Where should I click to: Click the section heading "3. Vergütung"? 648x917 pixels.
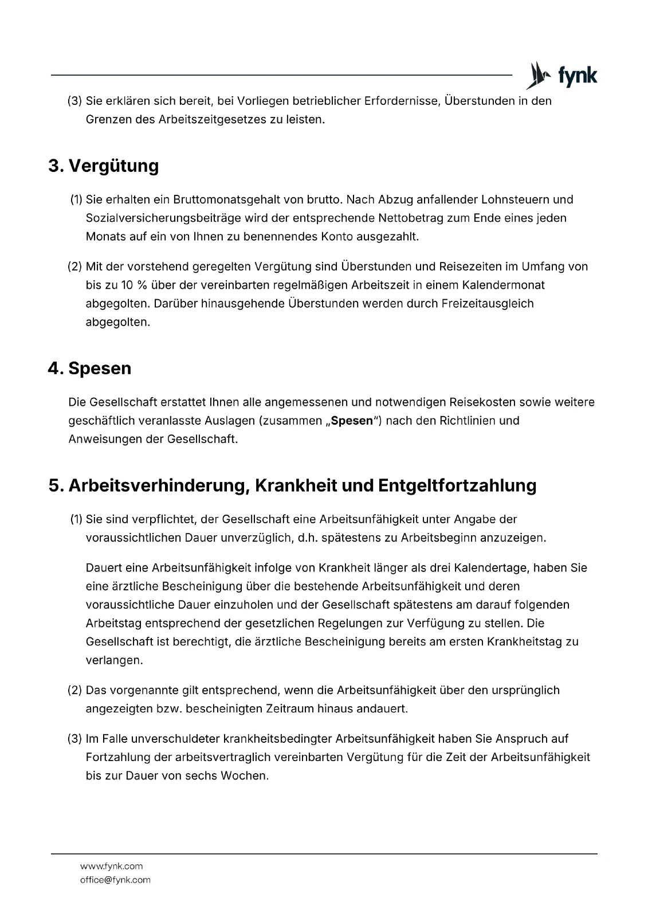point(103,166)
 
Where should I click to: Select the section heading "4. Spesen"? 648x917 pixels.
point(89,369)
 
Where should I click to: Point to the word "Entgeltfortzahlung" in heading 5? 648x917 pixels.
point(457,485)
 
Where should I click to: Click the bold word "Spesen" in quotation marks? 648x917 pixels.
point(352,421)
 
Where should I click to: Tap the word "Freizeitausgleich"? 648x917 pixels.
point(488,303)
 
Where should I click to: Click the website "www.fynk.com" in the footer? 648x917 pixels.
point(111,866)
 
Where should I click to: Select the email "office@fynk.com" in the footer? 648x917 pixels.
point(115,880)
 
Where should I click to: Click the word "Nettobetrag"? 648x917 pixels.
point(414,218)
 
